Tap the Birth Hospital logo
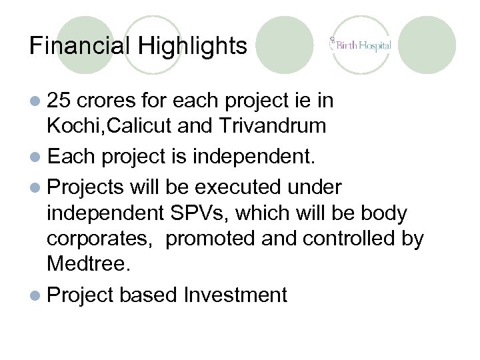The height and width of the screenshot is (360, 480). pos(360,46)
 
